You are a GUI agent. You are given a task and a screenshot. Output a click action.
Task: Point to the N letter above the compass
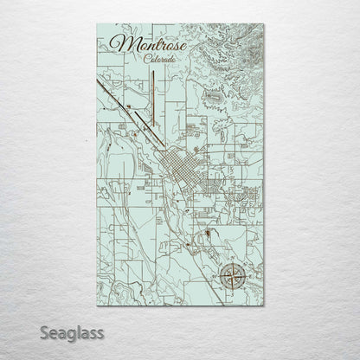pyautogui.click(x=231, y=260)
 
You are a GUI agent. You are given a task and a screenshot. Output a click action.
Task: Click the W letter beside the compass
pyautogui.click(x=216, y=276)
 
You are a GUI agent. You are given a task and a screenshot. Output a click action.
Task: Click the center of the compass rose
pyautogui.click(x=231, y=276)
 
